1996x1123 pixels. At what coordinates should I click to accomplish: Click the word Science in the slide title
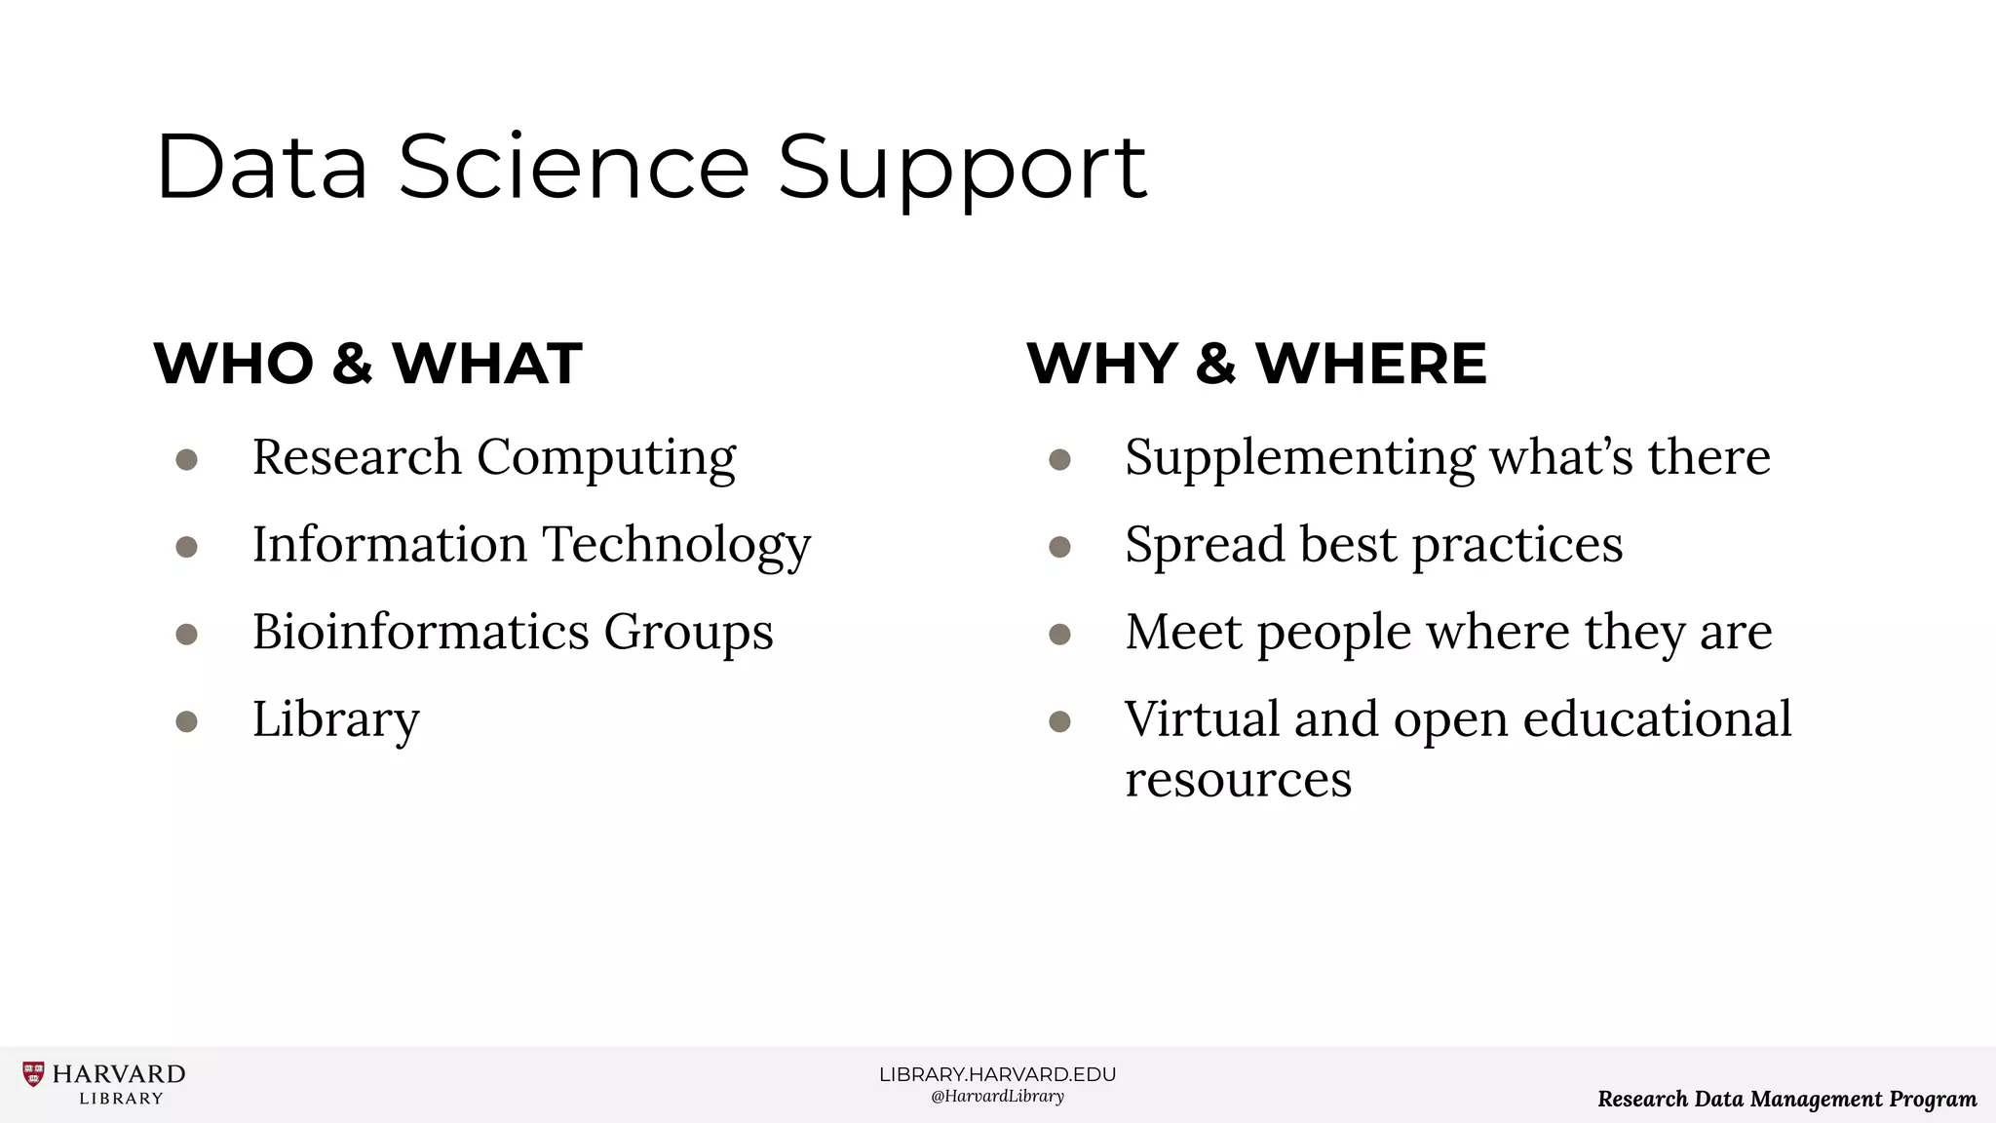tap(573, 168)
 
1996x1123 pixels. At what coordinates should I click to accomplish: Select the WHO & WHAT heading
tap(367, 364)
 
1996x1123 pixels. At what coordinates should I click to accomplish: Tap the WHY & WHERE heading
tap(1256, 364)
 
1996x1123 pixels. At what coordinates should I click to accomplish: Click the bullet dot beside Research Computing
tap(187, 459)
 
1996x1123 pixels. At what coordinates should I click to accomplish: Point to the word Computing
tap(606, 458)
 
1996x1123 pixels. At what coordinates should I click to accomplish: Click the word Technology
tap(676, 546)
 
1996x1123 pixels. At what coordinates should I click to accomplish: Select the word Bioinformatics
tap(421, 632)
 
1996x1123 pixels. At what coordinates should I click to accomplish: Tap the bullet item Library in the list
tap(335, 720)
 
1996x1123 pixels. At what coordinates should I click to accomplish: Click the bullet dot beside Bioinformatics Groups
tap(187, 635)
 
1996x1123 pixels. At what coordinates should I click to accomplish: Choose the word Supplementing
tap(1300, 458)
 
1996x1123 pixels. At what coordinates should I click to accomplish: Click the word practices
tap(1517, 546)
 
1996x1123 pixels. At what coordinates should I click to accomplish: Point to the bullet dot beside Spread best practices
tap(1059, 547)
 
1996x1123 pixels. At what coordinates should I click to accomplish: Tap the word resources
tap(1238, 780)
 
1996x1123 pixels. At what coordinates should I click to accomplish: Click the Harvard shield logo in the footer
tap(33, 1074)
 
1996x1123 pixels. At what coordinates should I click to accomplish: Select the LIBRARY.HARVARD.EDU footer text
tap(997, 1074)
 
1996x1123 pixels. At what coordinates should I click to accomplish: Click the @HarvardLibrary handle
tap(997, 1097)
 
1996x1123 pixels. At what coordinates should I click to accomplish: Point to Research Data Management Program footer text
tap(1786, 1100)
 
